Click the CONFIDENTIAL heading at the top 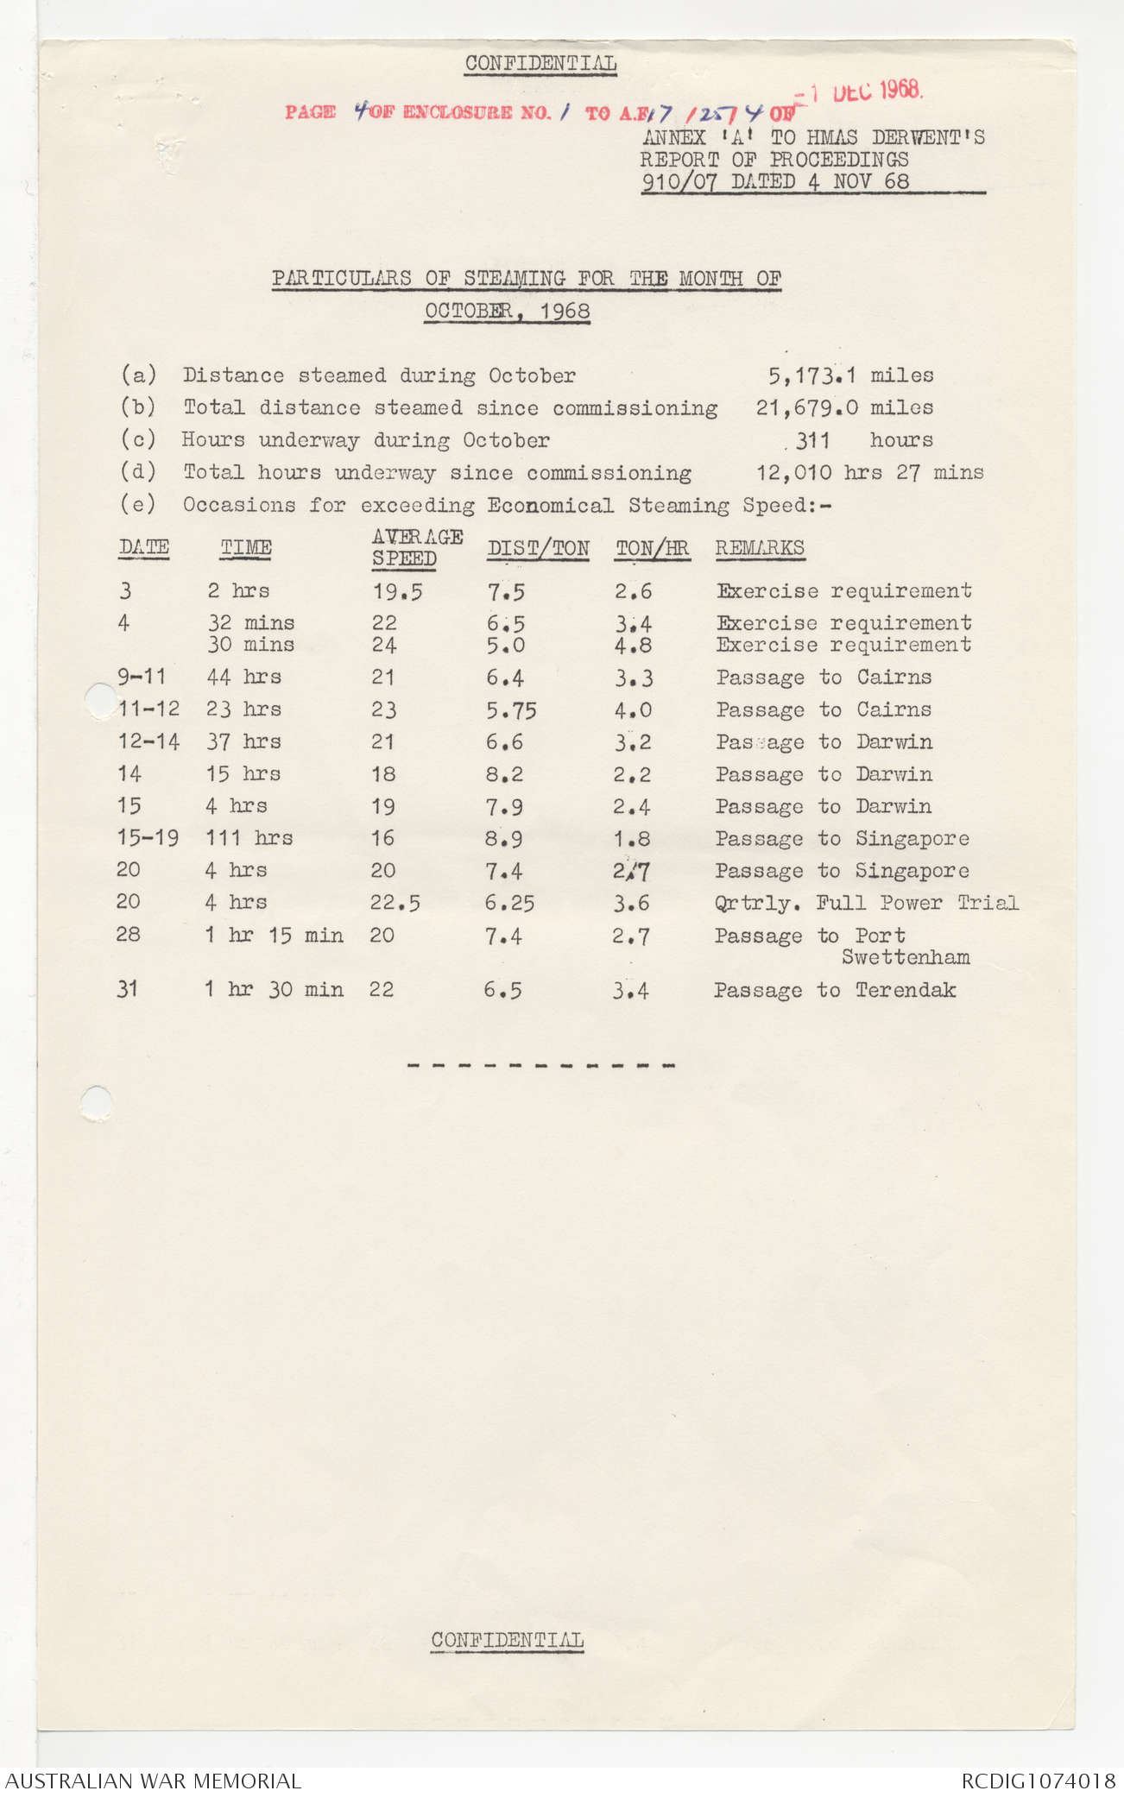540,64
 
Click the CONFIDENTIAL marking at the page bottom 508,1639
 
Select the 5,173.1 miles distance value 850,375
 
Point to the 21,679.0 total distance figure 807,407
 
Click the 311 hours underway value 812,440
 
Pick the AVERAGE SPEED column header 417,547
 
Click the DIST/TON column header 538,548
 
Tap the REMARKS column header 759,548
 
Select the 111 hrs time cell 249,838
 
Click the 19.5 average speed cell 397,592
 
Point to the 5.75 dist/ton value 510,710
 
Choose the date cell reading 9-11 142,677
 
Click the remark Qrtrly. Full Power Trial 866,903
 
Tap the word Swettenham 906,957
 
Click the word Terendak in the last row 906,990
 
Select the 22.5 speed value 395,903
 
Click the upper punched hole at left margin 100,699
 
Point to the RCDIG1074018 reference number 1039,1781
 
